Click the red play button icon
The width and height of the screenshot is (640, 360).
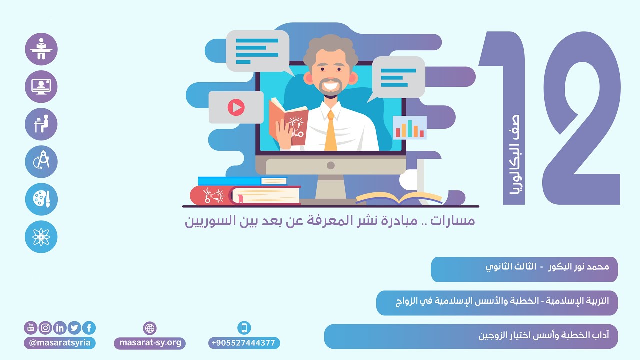pyautogui.click(x=236, y=107)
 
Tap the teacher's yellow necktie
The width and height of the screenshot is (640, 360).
pyautogui.click(x=331, y=132)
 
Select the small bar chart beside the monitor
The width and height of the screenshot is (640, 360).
pyautogui.click(x=410, y=128)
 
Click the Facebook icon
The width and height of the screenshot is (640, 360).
pyautogui.click(x=89, y=328)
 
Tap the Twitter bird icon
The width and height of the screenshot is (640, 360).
pyautogui.click(x=74, y=328)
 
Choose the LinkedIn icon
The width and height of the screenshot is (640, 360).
pyautogui.click(x=60, y=328)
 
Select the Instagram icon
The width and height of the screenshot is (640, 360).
pyautogui.click(x=45, y=328)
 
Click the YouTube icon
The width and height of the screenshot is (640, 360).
pyautogui.click(x=31, y=328)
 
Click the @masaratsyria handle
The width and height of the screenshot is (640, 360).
pyautogui.click(x=60, y=343)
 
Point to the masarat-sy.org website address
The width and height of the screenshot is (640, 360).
pyautogui.click(x=150, y=343)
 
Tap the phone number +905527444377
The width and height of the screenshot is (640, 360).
pyautogui.click(x=244, y=343)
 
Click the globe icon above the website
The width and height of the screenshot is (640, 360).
pyautogui.click(x=150, y=328)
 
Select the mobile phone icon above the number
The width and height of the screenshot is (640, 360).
pyautogui.click(x=244, y=328)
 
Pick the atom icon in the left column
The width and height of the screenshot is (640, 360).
pyautogui.click(x=41, y=237)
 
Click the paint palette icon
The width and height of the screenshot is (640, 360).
pyautogui.click(x=41, y=199)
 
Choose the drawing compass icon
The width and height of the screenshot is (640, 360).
pyautogui.click(x=41, y=162)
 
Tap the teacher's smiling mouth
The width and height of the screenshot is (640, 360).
pyautogui.click(x=331, y=85)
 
